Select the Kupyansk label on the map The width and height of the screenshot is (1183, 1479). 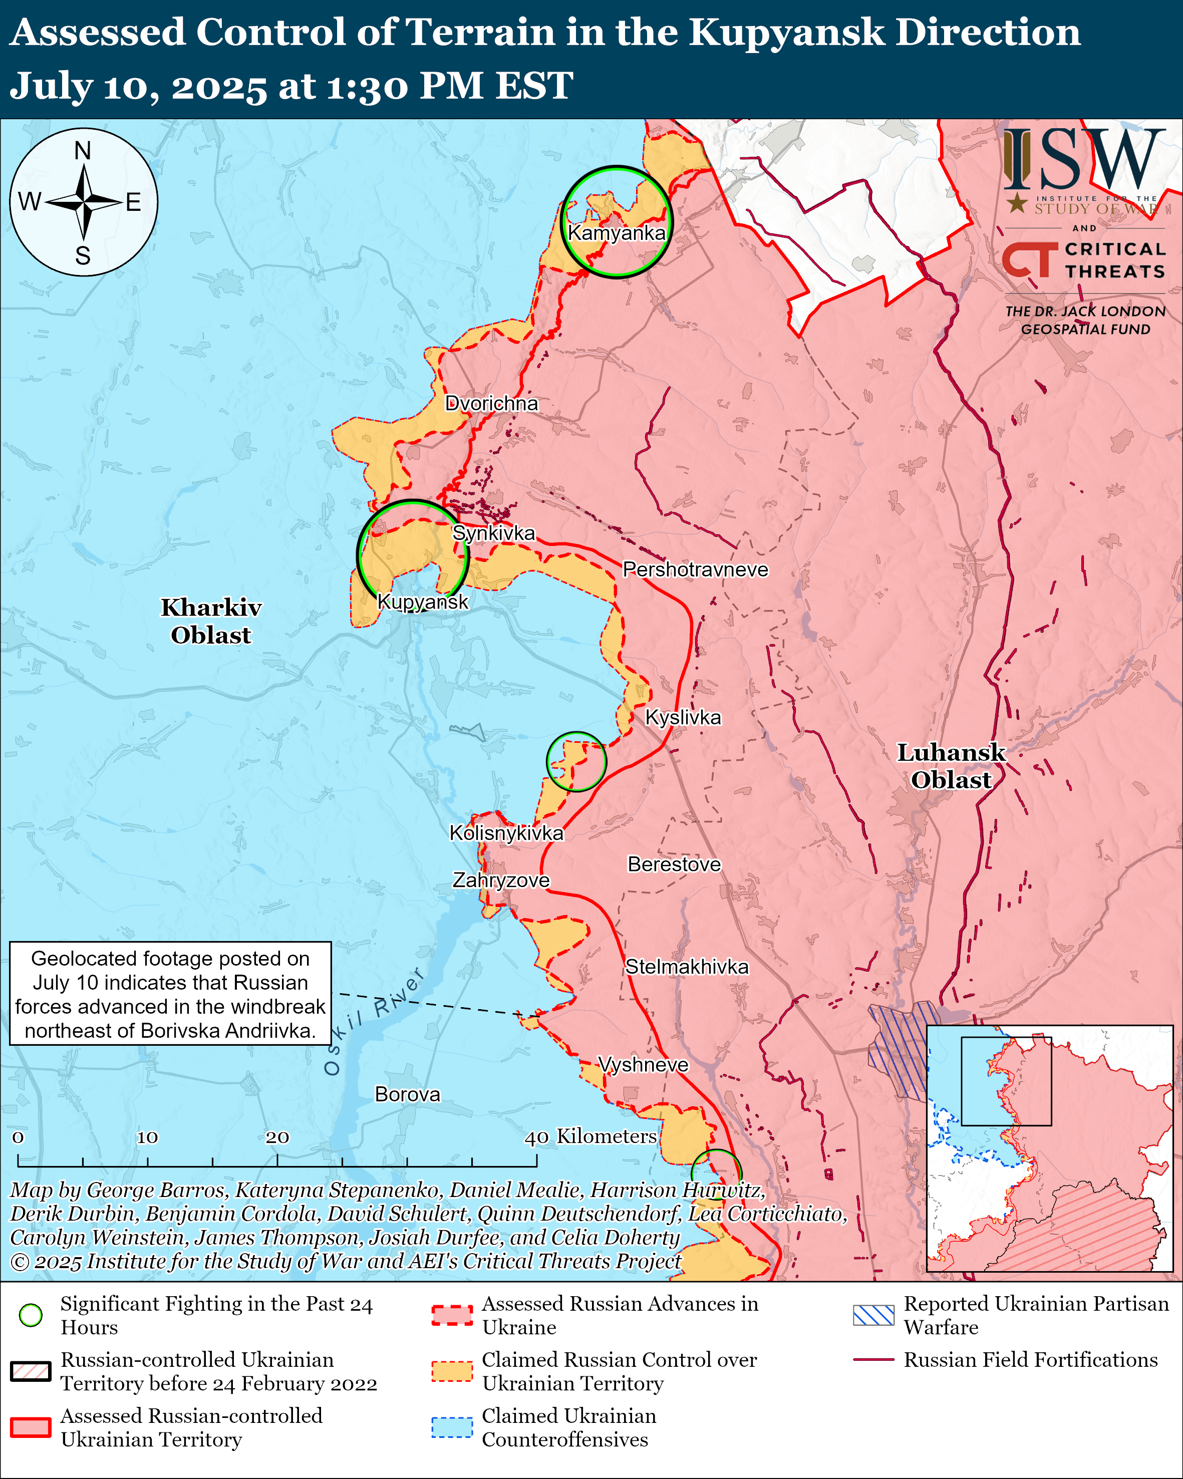422,602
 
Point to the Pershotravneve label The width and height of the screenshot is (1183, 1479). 695,569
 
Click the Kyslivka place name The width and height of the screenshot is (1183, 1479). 683,718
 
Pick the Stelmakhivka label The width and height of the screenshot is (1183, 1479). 687,967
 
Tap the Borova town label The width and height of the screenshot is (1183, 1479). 407,1094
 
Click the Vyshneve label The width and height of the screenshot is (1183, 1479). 643,1065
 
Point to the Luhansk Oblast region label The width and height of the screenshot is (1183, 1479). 951,766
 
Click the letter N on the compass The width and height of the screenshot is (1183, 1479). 83,150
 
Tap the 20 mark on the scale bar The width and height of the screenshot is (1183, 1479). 277,1137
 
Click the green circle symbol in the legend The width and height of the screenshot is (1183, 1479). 31,1315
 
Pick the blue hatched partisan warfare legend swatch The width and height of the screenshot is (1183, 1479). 873,1315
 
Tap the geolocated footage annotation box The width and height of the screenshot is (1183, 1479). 170,993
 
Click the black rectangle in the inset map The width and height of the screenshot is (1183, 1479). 1006,1081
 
